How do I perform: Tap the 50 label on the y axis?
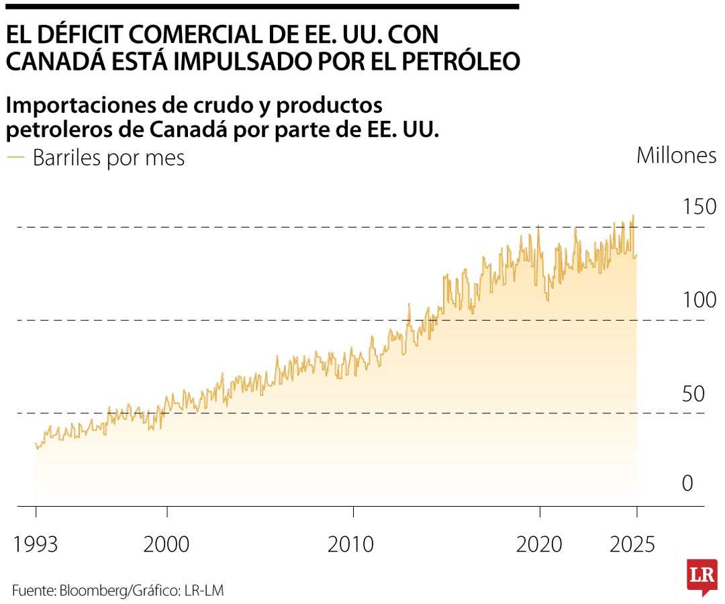(x=693, y=394)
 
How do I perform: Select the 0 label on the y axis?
(x=687, y=483)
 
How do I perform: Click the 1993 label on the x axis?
(x=36, y=544)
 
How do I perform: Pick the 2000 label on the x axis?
(x=166, y=544)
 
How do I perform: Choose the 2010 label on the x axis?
(x=351, y=544)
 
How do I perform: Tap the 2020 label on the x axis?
(x=539, y=544)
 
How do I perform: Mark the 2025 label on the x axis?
(x=631, y=544)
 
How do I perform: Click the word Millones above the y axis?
(x=676, y=156)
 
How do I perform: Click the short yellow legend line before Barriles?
(x=15, y=158)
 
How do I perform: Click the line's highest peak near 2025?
(x=633, y=216)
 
